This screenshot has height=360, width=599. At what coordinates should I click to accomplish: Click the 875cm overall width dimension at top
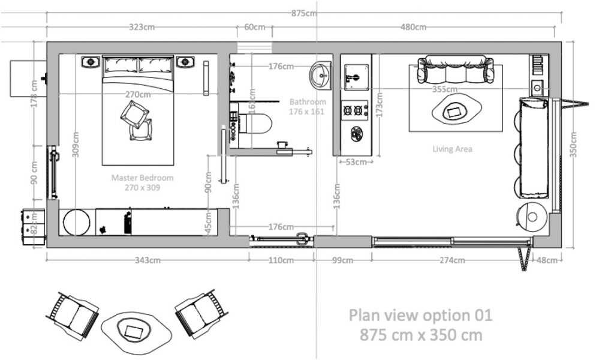(303, 13)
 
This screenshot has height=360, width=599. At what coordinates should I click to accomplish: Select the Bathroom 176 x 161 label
(307, 106)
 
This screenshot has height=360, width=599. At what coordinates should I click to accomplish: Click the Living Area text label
(452, 149)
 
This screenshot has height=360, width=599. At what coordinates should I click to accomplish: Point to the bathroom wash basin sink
(321, 76)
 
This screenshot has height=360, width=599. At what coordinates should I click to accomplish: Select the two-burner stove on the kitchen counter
(354, 110)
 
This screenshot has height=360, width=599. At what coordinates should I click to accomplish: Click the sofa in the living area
(456, 68)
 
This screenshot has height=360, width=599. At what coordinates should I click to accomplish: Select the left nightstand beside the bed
(91, 62)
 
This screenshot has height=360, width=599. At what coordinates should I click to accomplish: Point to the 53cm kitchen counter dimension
(356, 162)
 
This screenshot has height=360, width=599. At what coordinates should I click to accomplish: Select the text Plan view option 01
(420, 315)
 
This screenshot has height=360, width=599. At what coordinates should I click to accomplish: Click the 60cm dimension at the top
(254, 28)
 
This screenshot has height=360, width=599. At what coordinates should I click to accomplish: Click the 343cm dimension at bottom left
(148, 260)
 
